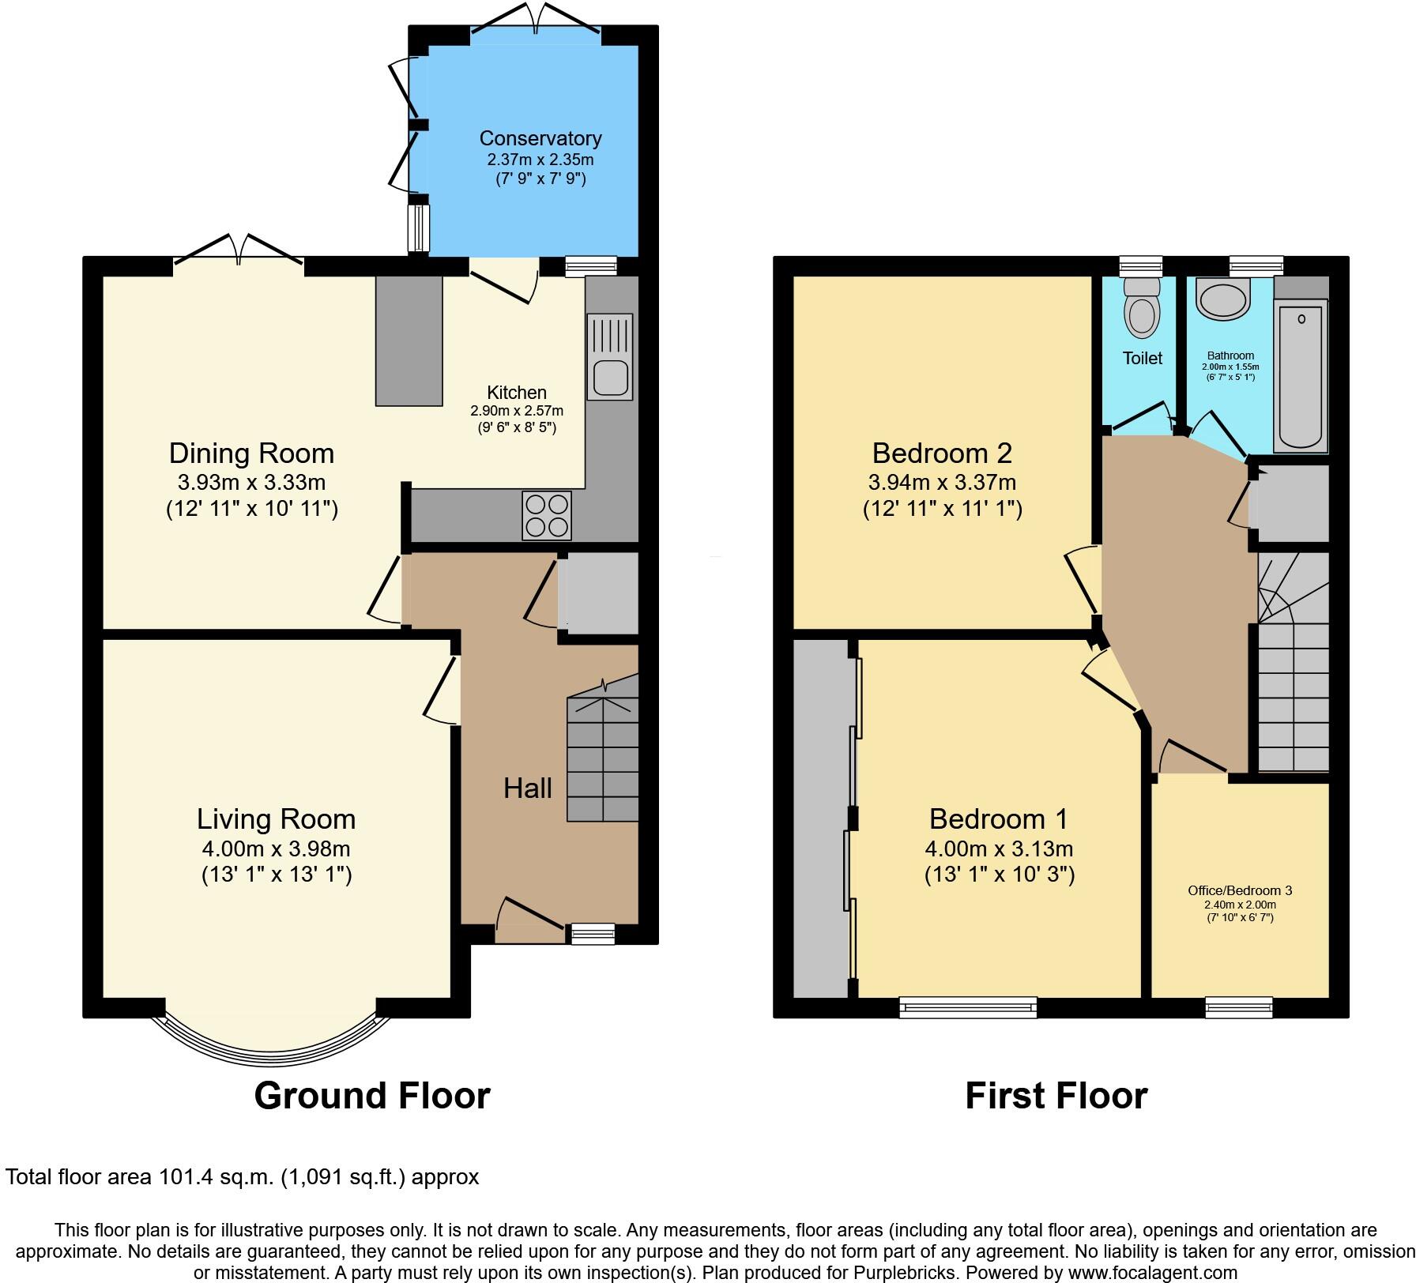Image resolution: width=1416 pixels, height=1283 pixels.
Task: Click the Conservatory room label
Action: [x=540, y=138]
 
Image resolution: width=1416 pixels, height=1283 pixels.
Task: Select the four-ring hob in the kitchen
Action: [x=546, y=516]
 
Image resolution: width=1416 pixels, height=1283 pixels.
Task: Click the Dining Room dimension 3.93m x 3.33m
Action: [x=251, y=482]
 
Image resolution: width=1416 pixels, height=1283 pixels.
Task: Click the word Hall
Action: [x=528, y=788]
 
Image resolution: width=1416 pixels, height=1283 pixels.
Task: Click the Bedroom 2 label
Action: [x=942, y=453]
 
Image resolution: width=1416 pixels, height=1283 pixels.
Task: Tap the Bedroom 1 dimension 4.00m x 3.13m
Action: [x=999, y=848]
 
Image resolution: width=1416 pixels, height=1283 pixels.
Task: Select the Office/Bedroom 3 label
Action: [x=1240, y=890]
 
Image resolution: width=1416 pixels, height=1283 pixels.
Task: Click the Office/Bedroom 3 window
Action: [x=1239, y=1006]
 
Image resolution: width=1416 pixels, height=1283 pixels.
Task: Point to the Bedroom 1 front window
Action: [x=968, y=1006]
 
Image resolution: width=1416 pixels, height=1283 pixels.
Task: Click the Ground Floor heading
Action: [x=372, y=1096]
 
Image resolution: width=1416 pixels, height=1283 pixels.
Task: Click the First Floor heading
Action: [x=1056, y=1096]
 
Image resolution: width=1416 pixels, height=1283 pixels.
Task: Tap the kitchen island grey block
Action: [x=409, y=341]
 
